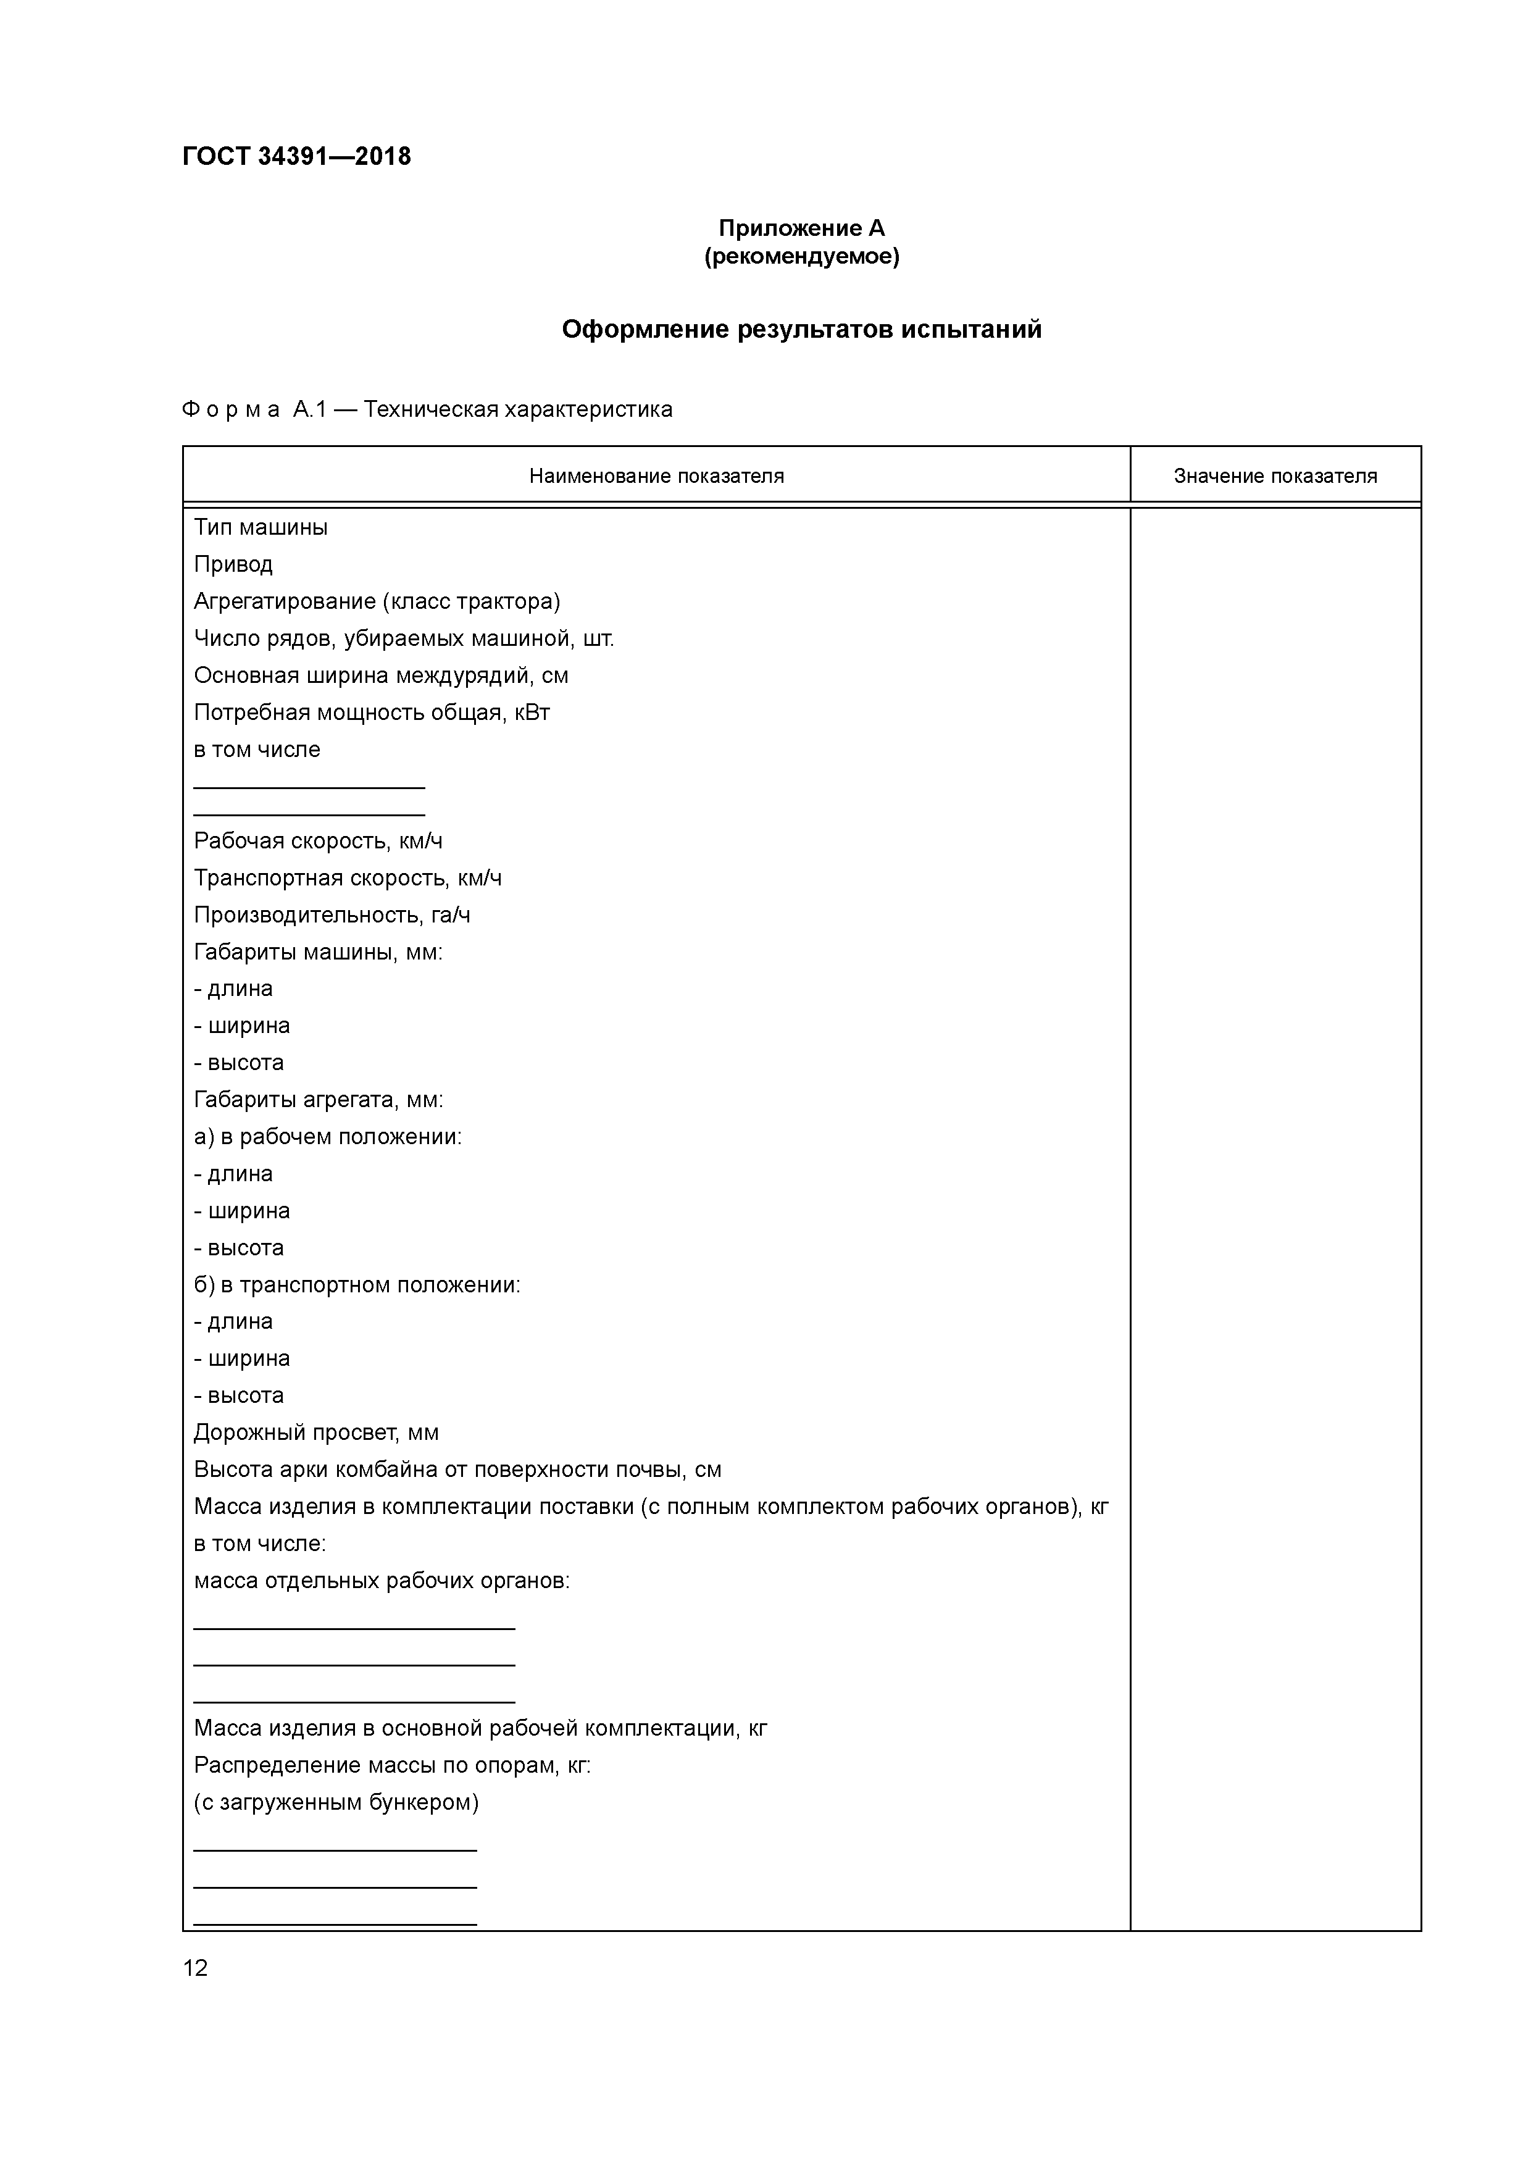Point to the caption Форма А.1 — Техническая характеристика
pyautogui.click(x=427, y=409)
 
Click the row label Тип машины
pyautogui.click(x=261, y=527)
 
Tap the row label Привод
pyautogui.click(x=233, y=564)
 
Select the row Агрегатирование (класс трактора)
pyautogui.click(x=377, y=601)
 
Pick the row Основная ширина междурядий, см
pyautogui.click(x=381, y=675)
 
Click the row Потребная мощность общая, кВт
pyautogui.click(x=372, y=713)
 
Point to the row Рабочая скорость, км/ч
pyautogui.click(x=318, y=840)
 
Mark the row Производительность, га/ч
pyautogui.click(x=332, y=915)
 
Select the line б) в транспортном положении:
pyautogui.click(x=357, y=1285)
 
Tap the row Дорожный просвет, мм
pyautogui.click(x=316, y=1433)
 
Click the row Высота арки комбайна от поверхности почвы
pyautogui.click(x=457, y=1470)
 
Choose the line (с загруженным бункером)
pyautogui.click(x=336, y=1803)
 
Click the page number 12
pyautogui.click(x=195, y=1968)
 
